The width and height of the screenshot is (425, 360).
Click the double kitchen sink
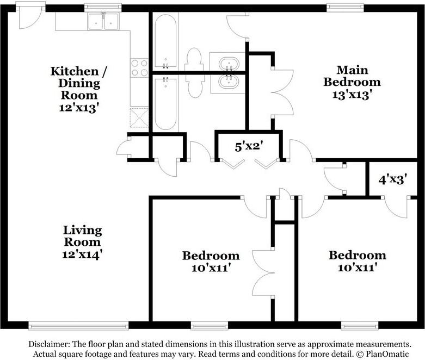[x=103, y=21]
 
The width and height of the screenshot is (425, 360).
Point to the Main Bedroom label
[x=352, y=76]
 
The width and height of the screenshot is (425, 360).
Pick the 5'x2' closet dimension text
[x=249, y=146]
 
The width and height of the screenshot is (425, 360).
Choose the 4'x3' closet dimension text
[x=393, y=179]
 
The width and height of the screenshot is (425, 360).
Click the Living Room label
[x=82, y=236]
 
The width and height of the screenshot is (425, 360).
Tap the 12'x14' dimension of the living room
[x=82, y=253]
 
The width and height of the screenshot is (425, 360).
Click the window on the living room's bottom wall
[x=78, y=326]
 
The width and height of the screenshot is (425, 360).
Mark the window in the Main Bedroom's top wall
[x=345, y=8]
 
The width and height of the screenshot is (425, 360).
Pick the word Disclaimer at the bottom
[x=47, y=344]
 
